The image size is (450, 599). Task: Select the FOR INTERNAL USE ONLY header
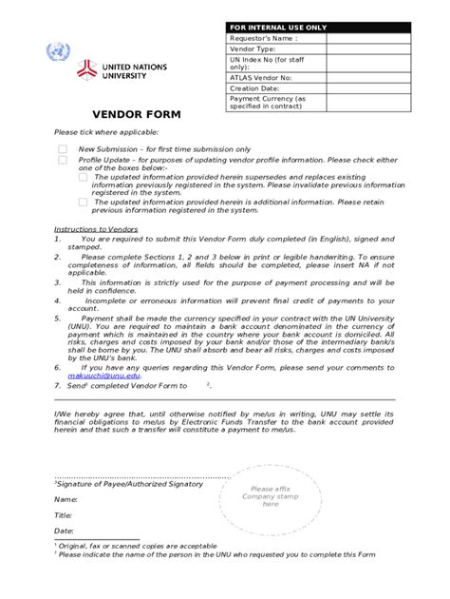pyautogui.click(x=276, y=28)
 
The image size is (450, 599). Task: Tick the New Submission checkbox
pyautogui.click(x=63, y=149)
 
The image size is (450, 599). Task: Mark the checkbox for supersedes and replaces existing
pyautogui.click(x=83, y=177)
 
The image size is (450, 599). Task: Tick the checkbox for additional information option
pyautogui.click(x=83, y=202)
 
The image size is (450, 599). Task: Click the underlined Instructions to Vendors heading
pyautogui.click(x=96, y=229)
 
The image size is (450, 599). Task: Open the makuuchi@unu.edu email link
pyautogui.click(x=103, y=376)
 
